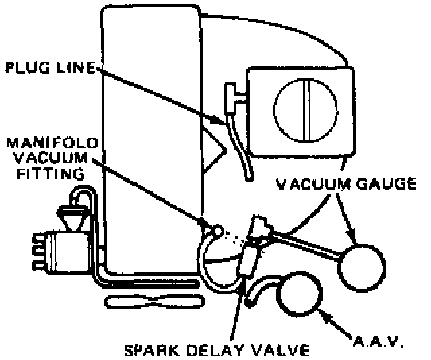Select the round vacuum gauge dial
pos(362,266)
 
